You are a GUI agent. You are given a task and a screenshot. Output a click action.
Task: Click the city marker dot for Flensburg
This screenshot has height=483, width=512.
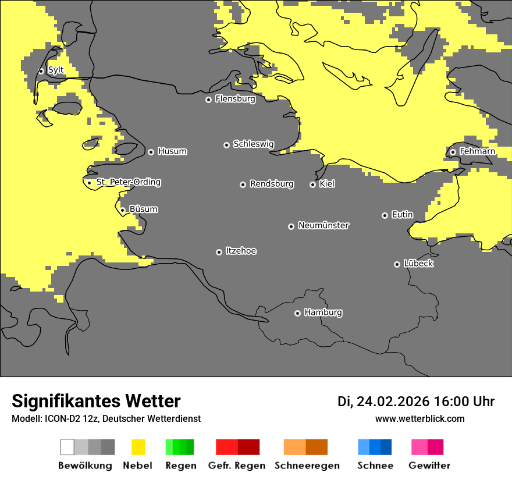[208, 100]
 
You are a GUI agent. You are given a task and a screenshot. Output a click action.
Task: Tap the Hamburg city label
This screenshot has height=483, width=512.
[323, 312]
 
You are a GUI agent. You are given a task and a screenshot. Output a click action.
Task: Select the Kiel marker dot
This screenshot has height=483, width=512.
[312, 184]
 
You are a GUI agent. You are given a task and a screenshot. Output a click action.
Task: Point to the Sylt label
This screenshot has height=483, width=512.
[56, 70]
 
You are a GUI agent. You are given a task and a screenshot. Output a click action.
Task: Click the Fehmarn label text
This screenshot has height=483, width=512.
[477, 151]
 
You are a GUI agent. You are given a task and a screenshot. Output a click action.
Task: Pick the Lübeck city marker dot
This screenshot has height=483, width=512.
[397, 264]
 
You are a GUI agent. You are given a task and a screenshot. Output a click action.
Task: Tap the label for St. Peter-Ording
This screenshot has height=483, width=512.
[128, 182]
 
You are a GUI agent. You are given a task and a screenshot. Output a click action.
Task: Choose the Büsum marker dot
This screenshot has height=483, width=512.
[122, 210]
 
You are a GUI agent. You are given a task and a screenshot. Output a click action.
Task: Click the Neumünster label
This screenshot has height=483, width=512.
[323, 225]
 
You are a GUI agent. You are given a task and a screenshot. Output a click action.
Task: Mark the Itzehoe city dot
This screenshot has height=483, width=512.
[219, 252]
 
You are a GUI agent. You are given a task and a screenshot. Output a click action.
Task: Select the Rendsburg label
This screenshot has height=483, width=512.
[271, 184]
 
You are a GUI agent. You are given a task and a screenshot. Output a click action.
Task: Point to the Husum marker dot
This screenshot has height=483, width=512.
[151, 152]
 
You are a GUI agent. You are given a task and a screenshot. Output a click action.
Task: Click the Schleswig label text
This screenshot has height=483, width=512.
[253, 144]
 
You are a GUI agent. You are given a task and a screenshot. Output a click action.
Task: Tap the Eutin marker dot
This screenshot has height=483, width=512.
[385, 215]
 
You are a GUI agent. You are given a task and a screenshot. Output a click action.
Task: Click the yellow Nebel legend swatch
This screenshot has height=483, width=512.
[138, 447]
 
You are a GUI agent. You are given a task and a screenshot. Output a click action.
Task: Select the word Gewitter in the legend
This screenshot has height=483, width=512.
[429, 466]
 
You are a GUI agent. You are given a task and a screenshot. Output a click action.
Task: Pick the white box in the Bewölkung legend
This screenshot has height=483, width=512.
[67, 447]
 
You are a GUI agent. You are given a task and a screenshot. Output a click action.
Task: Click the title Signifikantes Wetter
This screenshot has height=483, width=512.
[96, 401]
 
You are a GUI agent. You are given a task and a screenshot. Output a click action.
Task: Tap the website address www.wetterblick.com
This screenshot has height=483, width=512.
[419, 418]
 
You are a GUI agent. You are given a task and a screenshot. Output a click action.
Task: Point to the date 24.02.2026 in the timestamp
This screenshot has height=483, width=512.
[393, 402]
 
